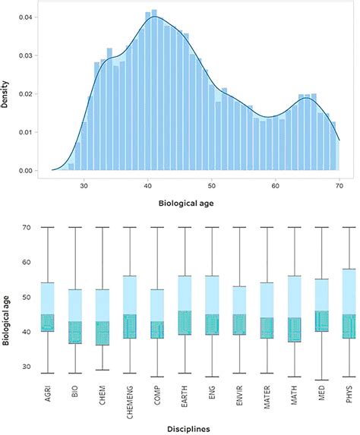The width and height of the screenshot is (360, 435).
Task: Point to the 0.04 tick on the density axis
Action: pyautogui.click(x=29, y=16)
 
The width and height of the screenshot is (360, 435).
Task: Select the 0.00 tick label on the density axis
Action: pyautogui.click(x=29, y=171)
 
